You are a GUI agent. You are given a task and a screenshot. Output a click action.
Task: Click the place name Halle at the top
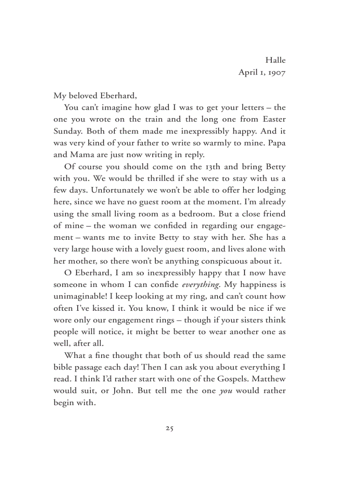pos(275,60)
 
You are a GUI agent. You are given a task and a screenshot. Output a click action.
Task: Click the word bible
pos(63,367)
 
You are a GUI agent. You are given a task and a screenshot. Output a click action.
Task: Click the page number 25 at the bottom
pos(169,428)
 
